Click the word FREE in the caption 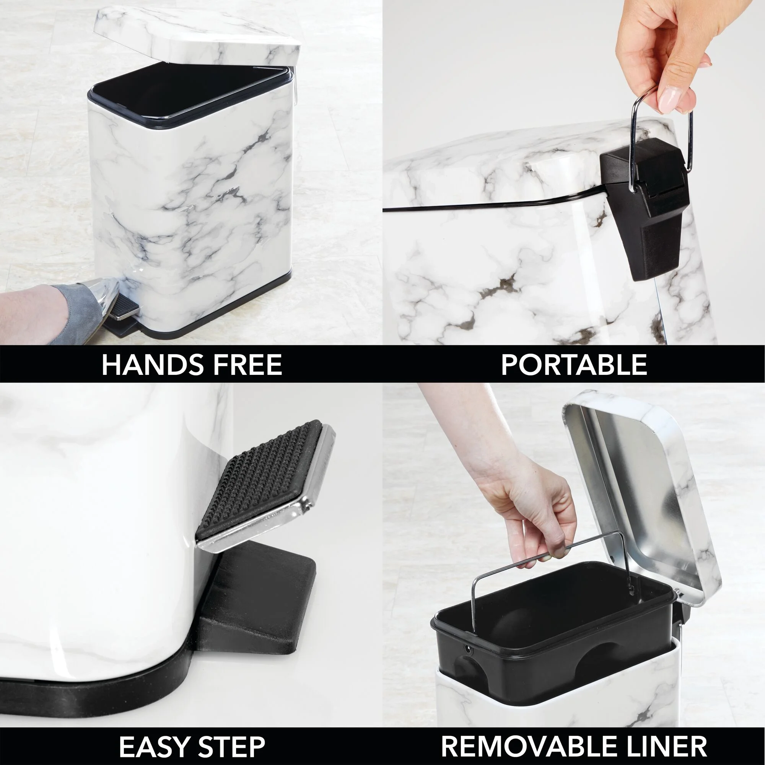pos(247,365)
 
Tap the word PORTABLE pos(574,365)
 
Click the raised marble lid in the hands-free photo pos(198,36)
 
